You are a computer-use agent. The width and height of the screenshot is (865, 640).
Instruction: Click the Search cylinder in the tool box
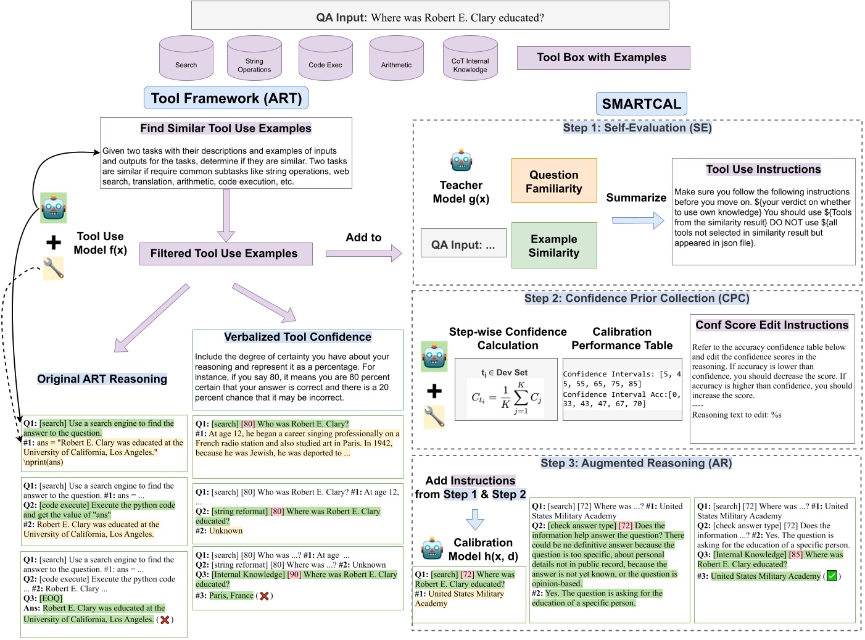point(186,59)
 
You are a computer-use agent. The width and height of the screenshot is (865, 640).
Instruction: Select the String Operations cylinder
point(254,59)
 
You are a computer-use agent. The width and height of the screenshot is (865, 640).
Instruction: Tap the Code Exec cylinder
point(325,59)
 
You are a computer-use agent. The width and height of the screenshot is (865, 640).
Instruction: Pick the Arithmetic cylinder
point(396,59)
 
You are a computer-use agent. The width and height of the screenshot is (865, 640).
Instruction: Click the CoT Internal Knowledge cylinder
point(470,59)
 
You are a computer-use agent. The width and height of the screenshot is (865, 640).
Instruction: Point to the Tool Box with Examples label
point(603,58)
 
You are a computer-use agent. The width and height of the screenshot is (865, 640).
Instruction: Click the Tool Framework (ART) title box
point(226,98)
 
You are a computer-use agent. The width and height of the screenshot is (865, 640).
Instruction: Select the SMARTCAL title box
point(641,104)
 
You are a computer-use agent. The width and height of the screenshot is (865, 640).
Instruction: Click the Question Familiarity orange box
point(553,181)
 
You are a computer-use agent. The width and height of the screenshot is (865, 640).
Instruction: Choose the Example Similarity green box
point(553,246)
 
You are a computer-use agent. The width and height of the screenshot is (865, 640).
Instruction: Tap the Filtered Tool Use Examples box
point(225,254)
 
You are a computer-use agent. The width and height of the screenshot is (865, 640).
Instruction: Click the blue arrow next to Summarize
point(638,220)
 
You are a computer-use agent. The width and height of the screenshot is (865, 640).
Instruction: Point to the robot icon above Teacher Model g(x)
point(461,160)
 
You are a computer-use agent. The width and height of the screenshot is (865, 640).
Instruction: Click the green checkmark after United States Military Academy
point(832,576)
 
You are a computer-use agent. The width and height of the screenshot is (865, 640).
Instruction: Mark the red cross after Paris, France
point(264,596)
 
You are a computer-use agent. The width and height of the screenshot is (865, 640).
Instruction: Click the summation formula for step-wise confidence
point(506,397)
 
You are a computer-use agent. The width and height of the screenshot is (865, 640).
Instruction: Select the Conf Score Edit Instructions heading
point(772,325)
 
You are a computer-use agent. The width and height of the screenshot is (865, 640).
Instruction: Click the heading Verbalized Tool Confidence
point(297,337)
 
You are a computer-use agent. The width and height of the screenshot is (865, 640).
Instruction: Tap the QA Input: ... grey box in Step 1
point(463,245)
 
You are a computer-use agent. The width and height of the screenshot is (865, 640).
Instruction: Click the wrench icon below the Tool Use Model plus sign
point(54,268)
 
